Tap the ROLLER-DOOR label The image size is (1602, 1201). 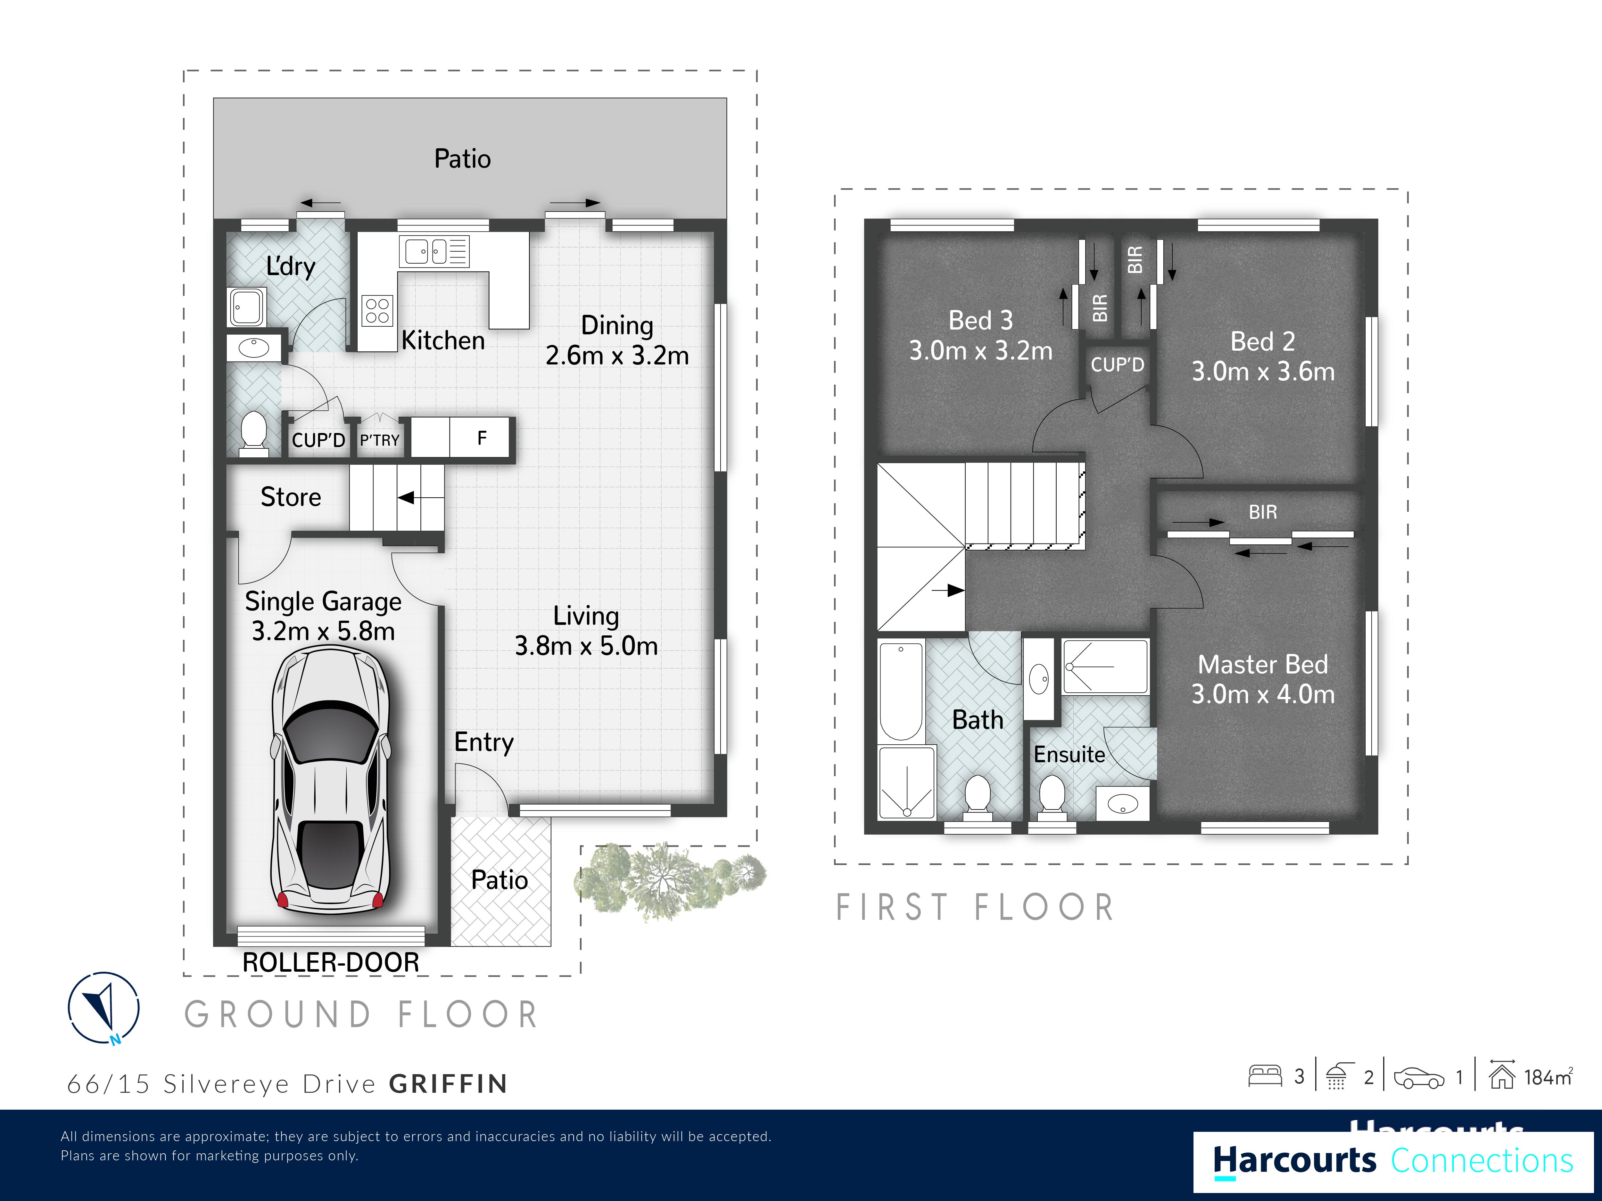click(331, 962)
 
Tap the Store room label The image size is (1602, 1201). click(290, 497)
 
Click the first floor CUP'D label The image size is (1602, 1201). click(1118, 364)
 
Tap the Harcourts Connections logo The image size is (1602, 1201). click(1393, 1160)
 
